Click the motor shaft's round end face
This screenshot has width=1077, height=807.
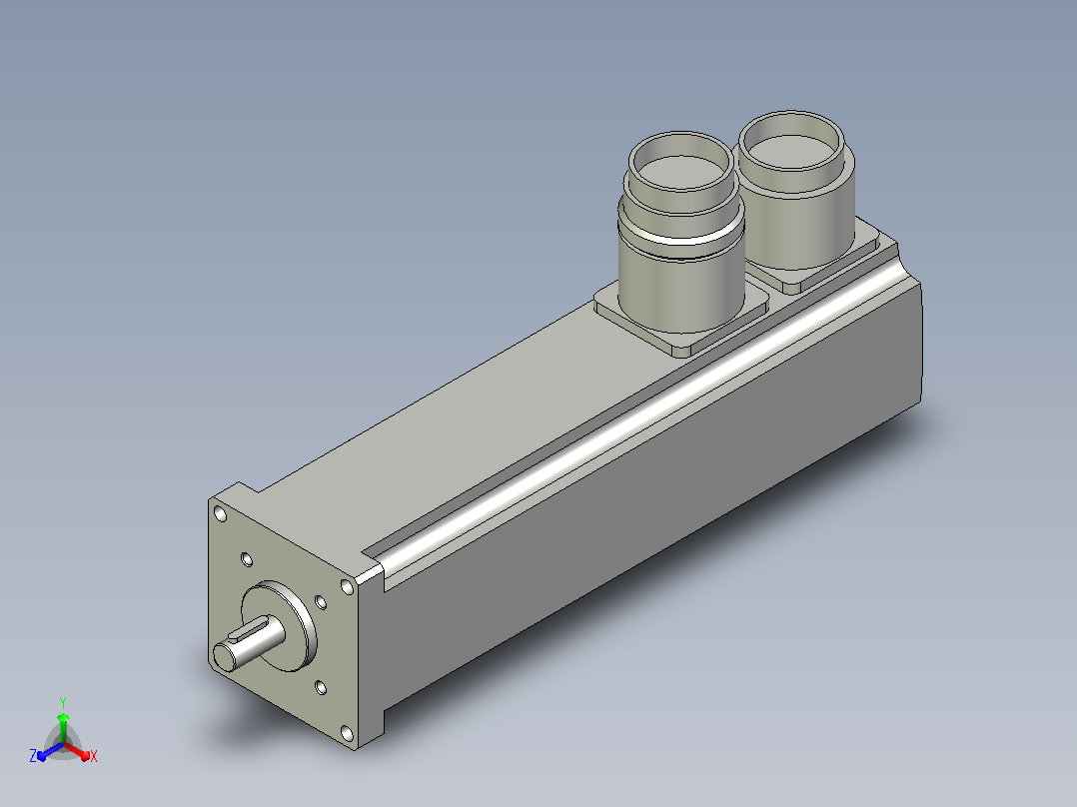tap(226, 656)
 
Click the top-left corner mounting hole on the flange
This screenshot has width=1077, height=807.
tap(221, 513)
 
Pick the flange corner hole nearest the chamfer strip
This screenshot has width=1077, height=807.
tap(348, 586)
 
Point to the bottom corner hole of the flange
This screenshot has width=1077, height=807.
tap(348, 734)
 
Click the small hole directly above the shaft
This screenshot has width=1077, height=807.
tap(247, 559)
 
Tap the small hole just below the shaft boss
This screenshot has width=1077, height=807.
tap(320, 687)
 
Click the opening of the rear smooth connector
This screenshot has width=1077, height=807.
tap(792, 142)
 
